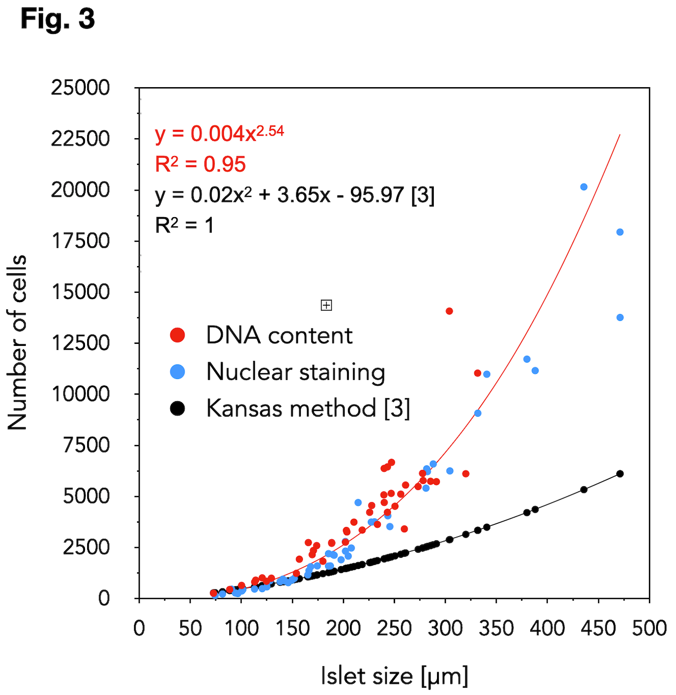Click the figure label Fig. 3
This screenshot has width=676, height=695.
[x=58, y=19]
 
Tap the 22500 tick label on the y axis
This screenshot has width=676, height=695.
[x=80, y=139]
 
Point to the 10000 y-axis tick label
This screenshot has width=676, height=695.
[x=80, y=394]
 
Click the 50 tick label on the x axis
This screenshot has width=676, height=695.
[x=190, y=628]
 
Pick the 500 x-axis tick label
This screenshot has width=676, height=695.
[x=649, y=628]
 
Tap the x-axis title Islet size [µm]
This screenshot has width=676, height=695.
[x=394, y=676]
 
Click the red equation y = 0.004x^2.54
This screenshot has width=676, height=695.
[x=219, y=134]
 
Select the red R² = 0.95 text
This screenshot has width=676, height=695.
[x=200, y=164]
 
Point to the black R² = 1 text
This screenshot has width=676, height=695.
[x=184, y=225]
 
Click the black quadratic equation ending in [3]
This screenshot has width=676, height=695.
[x=295, y=195]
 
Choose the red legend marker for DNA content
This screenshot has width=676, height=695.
[x=178, y=335]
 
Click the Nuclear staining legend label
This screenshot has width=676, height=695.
[x=296, y=372]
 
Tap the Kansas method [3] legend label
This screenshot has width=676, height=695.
[x=308, y=408]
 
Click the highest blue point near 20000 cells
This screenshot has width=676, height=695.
[x=584, y=187]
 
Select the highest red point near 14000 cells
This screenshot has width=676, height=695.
[x=449, y=311]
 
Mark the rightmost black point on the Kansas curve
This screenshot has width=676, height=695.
[x=620, y=474]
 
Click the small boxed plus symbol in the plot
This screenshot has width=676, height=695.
[x=326, y=305]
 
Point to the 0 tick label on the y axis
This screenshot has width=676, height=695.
[x=104, y=599]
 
